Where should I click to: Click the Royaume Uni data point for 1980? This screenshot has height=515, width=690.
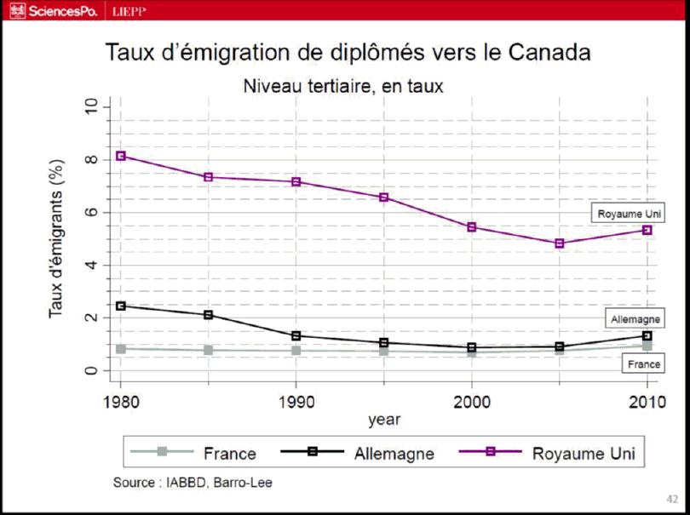pyautogui.click(x=121, y=156)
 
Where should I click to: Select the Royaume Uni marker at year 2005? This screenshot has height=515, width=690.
pyautogui.click(x=560, y=243)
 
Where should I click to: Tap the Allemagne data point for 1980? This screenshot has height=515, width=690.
pyautogui.click(x=121, y=306)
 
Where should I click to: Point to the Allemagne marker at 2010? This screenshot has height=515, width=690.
pyautogui.click(x=647, y=335)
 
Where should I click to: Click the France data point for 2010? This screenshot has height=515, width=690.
pyautogui.click(x=647, y=346)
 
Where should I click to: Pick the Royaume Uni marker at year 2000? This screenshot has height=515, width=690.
pyautogui.click(x=472, y=227)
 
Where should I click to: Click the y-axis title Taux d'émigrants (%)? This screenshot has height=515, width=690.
pyautogui.click(x=56, y=239)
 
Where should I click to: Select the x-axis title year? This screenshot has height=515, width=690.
pyautogui.click(x=384, y=420)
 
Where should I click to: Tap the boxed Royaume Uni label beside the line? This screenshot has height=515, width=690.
pyautogui.click(x=630, y=214)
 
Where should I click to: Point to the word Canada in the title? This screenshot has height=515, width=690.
pyautogui.click(x=549, y=52)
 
